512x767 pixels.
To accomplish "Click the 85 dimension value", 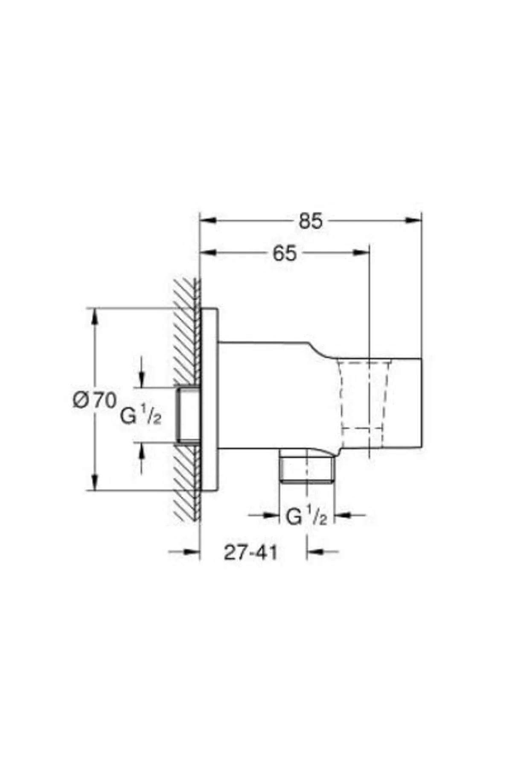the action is [311, 222].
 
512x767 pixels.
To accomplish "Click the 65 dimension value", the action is [285, 254].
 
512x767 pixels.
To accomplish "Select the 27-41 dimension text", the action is [251, 553].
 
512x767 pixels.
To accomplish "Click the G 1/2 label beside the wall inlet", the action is [141, 415].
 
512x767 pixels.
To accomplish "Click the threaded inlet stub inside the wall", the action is [188, 415].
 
